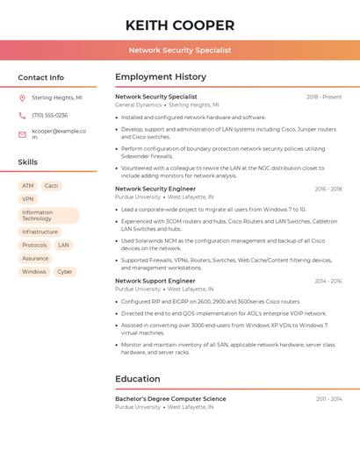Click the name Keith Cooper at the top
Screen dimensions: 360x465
180,25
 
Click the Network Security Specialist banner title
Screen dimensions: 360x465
180,50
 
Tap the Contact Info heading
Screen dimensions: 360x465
41,77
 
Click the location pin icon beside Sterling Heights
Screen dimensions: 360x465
23,98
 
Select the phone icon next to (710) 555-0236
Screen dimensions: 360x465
23,115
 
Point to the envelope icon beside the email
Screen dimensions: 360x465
23,134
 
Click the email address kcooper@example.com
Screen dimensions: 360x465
59,134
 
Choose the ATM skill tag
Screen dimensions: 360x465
28,186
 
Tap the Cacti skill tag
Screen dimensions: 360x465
51,186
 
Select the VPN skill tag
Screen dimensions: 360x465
28,199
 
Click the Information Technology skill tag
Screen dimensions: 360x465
48,216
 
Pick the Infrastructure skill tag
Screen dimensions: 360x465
40,232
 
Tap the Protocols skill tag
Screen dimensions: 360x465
34,246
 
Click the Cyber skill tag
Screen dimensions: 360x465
64,272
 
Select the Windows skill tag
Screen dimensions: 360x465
34,272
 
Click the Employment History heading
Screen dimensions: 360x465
161,77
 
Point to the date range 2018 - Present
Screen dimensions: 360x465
324,97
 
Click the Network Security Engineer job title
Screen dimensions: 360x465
155,189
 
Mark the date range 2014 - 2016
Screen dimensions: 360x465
328,282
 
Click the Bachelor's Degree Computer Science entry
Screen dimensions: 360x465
170,399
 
